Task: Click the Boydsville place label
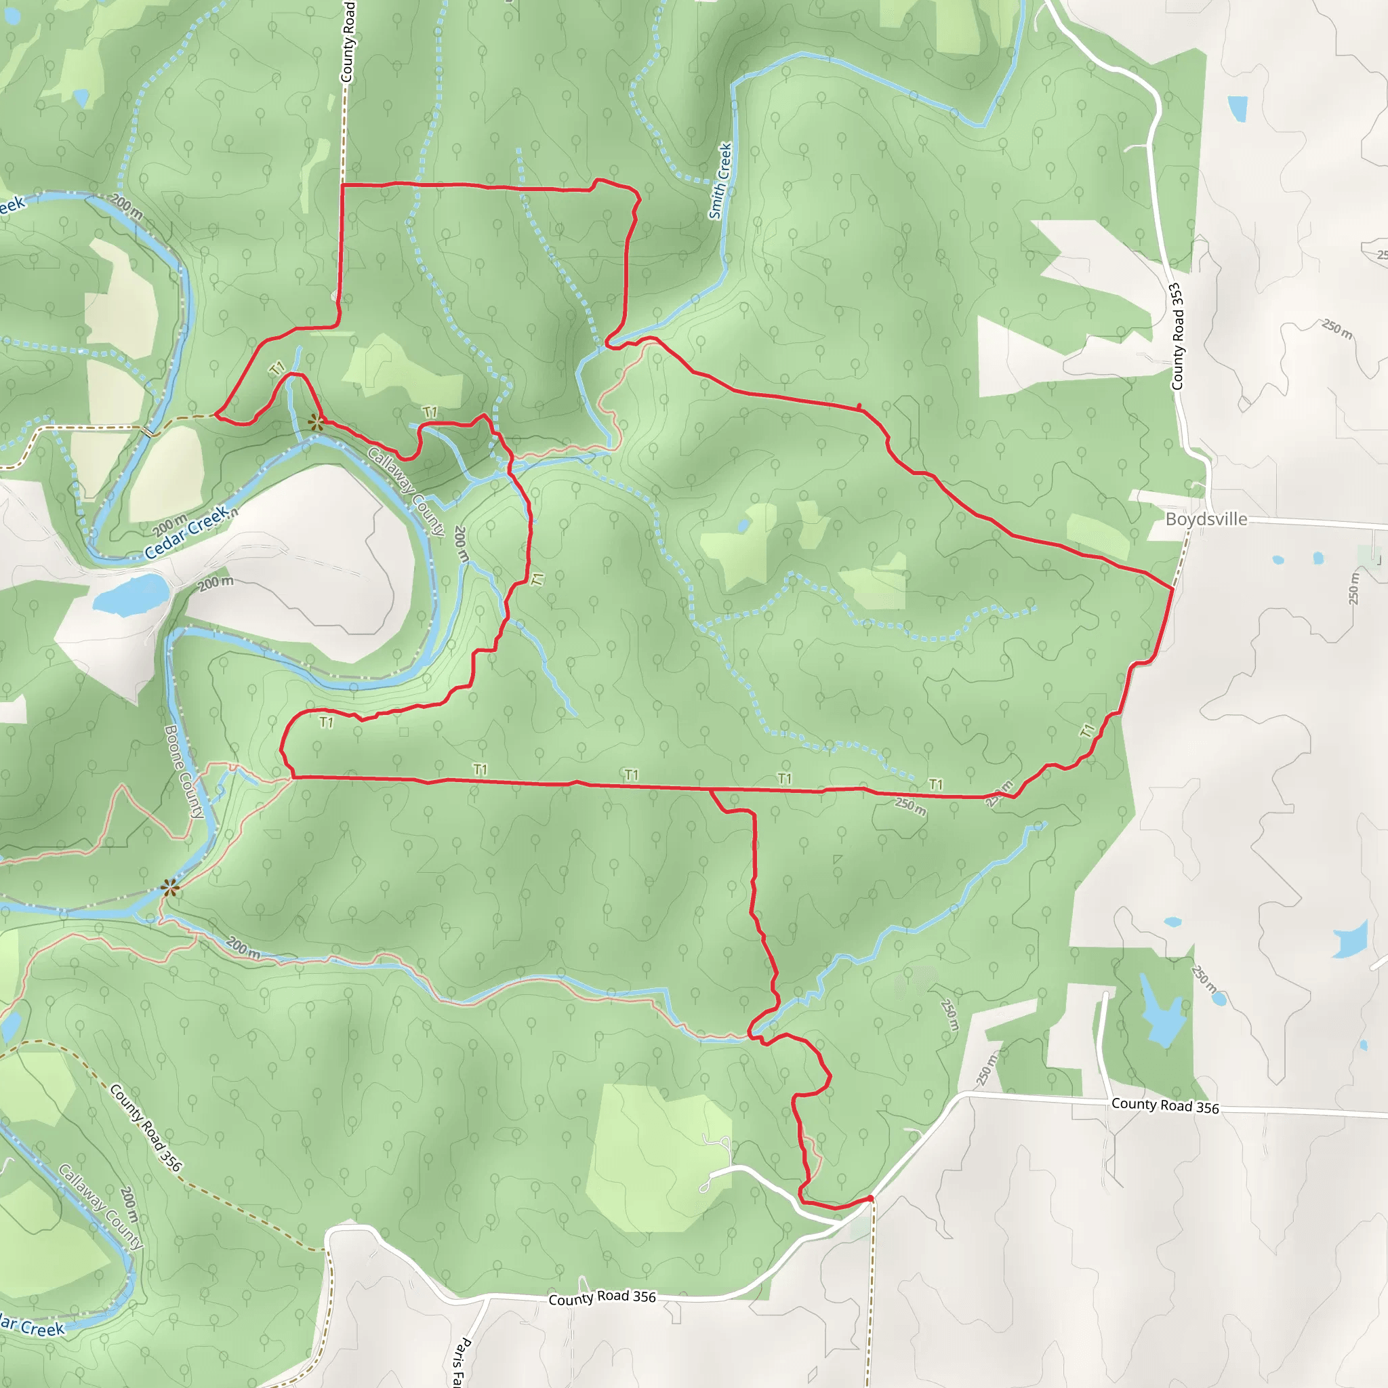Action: coord(1206,519)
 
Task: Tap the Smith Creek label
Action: coord(720,180)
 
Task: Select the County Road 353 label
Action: coord(1176,336)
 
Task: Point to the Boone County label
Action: coord(184,771)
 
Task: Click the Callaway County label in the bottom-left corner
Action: coord(100,1206)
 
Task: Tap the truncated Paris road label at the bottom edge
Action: coord(460,1362)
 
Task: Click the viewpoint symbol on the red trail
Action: coord(315,422)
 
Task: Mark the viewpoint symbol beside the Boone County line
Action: coord(169,889)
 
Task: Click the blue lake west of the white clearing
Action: coord(131,594)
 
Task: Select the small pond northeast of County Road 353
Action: coord(1237,108)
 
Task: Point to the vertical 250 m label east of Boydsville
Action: coord(1353,588)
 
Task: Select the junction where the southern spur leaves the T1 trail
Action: coord(710,790)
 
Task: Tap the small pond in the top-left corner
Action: coord(81,96)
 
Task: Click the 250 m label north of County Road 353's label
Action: coord(1336,329)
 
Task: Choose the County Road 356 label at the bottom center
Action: coord(602,1297)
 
